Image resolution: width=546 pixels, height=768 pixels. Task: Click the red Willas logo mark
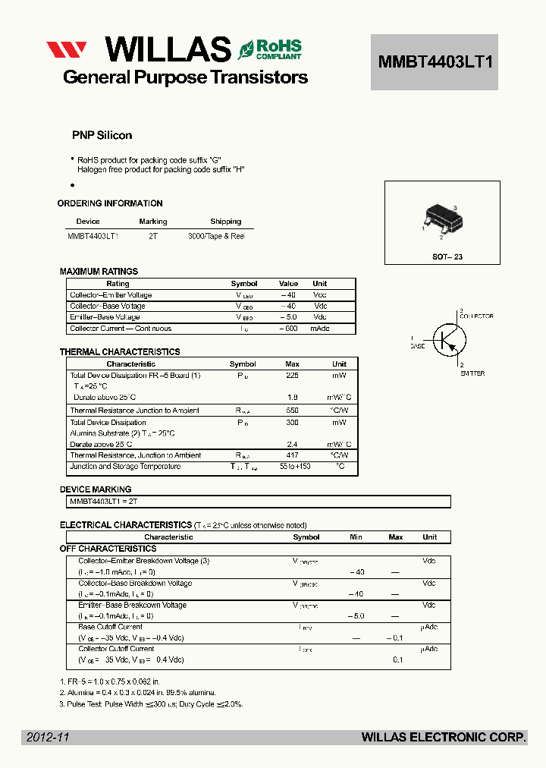[x=67, y=50]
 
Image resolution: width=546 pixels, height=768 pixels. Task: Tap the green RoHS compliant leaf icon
[x=246, y=50]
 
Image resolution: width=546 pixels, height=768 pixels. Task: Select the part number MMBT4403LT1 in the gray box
[x=435, y=62]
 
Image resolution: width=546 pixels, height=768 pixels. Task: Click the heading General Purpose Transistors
[x=185, y=77]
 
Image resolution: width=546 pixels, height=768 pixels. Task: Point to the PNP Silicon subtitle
[x=102, y=135]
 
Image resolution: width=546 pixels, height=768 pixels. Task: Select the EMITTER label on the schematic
[x=471, y=373]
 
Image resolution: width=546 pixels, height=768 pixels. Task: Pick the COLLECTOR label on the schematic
[x=475, y=316]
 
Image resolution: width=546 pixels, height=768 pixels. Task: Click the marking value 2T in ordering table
[x=152, y=236]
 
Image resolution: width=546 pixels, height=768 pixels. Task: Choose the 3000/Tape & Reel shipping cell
[x=216, y=236]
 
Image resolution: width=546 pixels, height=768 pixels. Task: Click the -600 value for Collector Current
[x=287, y=329]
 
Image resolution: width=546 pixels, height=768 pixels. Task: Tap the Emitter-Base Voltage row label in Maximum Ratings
[x=105, y=317]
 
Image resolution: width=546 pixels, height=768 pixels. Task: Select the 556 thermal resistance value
[x=292, y=411]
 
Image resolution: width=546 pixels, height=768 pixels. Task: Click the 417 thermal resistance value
[x=292, y=455]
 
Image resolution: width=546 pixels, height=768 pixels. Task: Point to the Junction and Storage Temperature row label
[x=125, y=467]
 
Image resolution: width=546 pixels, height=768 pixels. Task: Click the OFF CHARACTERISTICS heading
[x=108, y=549]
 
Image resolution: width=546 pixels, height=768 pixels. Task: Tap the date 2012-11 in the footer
[x=48, y=737]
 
